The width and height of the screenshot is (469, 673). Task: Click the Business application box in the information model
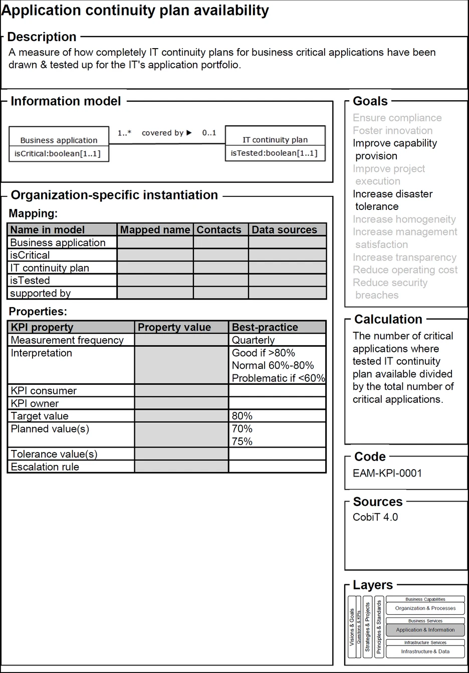click(x=59, y=144)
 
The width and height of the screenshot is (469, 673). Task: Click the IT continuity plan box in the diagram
click(x=275, y=143)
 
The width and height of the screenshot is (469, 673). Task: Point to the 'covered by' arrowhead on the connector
click(x=189, y=133)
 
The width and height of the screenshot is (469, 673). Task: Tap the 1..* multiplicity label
click(x=124, y=133)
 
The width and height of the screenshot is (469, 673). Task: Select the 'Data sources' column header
click(x=284, y=230)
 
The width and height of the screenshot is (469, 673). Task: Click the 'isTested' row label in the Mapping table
click(x=30, y=281)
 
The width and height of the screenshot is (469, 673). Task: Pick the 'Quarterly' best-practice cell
click(x=254, y=340)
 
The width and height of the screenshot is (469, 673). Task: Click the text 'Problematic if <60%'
click(x=278, y=378)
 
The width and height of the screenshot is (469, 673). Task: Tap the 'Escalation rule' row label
click(x=45, y=467)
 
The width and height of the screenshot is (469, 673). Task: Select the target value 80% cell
click(x=242, y=416)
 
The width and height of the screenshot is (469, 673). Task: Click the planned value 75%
click(x=242, y=441)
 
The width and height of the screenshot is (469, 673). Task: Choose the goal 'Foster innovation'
click(x=392, y=131)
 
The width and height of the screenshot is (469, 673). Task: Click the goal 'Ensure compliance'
click(x=397, y=118)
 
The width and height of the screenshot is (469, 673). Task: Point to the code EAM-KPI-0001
click(x=387, y=473)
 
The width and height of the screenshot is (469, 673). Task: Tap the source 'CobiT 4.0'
click(x=375, y=517)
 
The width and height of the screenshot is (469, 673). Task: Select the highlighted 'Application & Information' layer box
click(x=425, y=630)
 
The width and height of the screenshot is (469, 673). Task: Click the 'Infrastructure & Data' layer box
click(x=425, y=651)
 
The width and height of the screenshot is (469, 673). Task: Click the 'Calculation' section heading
click(x=388, y=319)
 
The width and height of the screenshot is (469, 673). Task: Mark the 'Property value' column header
click(x=174, y=327)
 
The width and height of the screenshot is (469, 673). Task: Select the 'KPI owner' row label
click(x=35, y=403)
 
